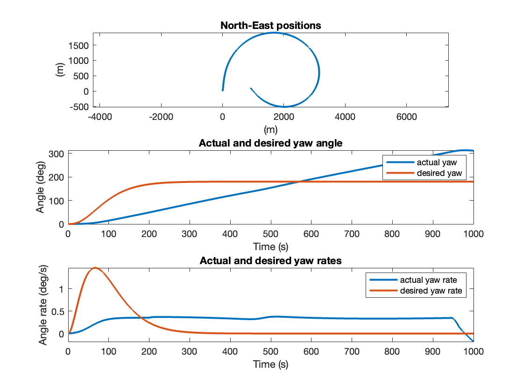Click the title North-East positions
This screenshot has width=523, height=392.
pos(271,26)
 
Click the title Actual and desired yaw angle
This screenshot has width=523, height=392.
pos(271,143)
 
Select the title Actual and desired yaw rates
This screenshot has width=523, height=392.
pos(271,261)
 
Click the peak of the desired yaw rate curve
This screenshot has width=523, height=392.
pos(95,268)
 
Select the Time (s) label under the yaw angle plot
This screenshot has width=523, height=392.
pos(271,246)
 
